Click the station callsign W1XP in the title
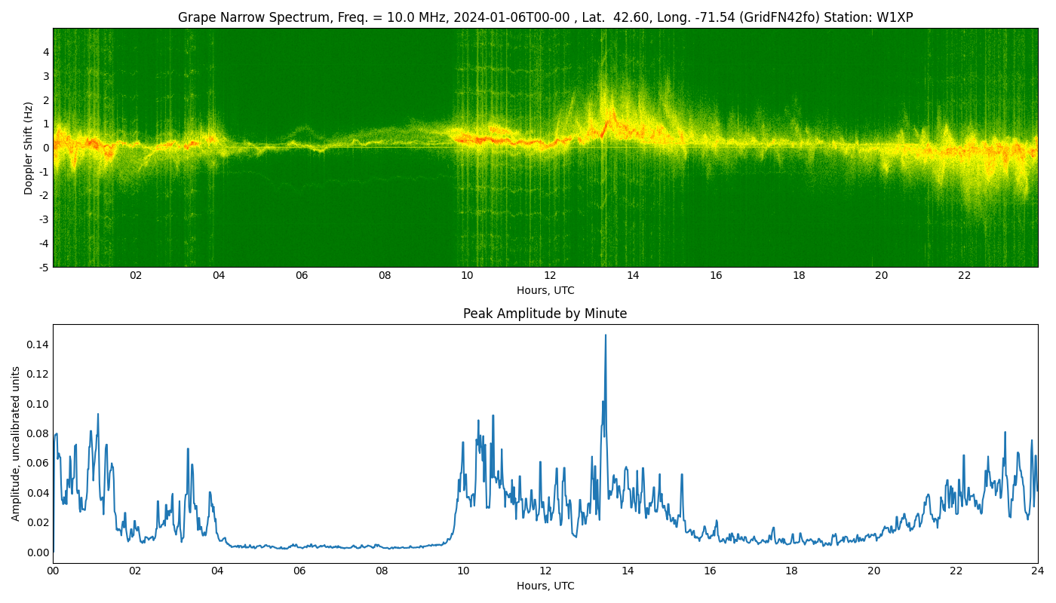895,17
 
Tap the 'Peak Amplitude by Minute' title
545,314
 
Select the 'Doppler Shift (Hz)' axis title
29,148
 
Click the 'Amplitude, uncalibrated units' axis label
15,444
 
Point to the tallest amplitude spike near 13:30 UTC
605,335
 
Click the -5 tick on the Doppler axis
45,268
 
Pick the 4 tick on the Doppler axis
46,52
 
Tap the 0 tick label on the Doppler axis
46,148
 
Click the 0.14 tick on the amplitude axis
37,345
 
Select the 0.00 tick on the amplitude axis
37,552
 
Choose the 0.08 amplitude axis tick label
37,434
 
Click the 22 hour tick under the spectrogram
965,276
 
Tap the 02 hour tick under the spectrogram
136,276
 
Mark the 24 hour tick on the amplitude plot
1038,571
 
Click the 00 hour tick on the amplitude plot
53,571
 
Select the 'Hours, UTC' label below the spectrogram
545,290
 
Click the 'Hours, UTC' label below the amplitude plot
545,586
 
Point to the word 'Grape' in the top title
194,18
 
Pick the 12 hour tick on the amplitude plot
545,571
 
